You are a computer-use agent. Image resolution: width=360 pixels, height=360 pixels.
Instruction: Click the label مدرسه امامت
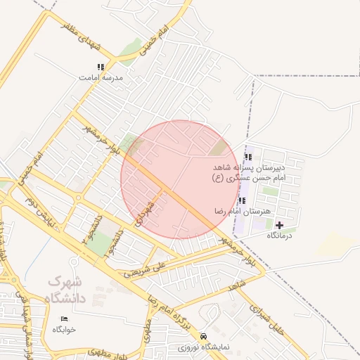coord(103,78)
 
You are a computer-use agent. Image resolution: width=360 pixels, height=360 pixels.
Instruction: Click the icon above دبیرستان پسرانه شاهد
coord(247,157)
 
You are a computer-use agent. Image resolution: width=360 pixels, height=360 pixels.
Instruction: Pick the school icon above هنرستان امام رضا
coord(243,200)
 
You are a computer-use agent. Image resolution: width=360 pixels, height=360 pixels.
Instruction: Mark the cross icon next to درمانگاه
coord(280,225)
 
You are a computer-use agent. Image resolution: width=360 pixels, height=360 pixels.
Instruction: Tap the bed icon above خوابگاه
coord(65,319)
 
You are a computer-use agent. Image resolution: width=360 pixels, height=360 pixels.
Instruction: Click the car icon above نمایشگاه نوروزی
coord(203,336)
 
